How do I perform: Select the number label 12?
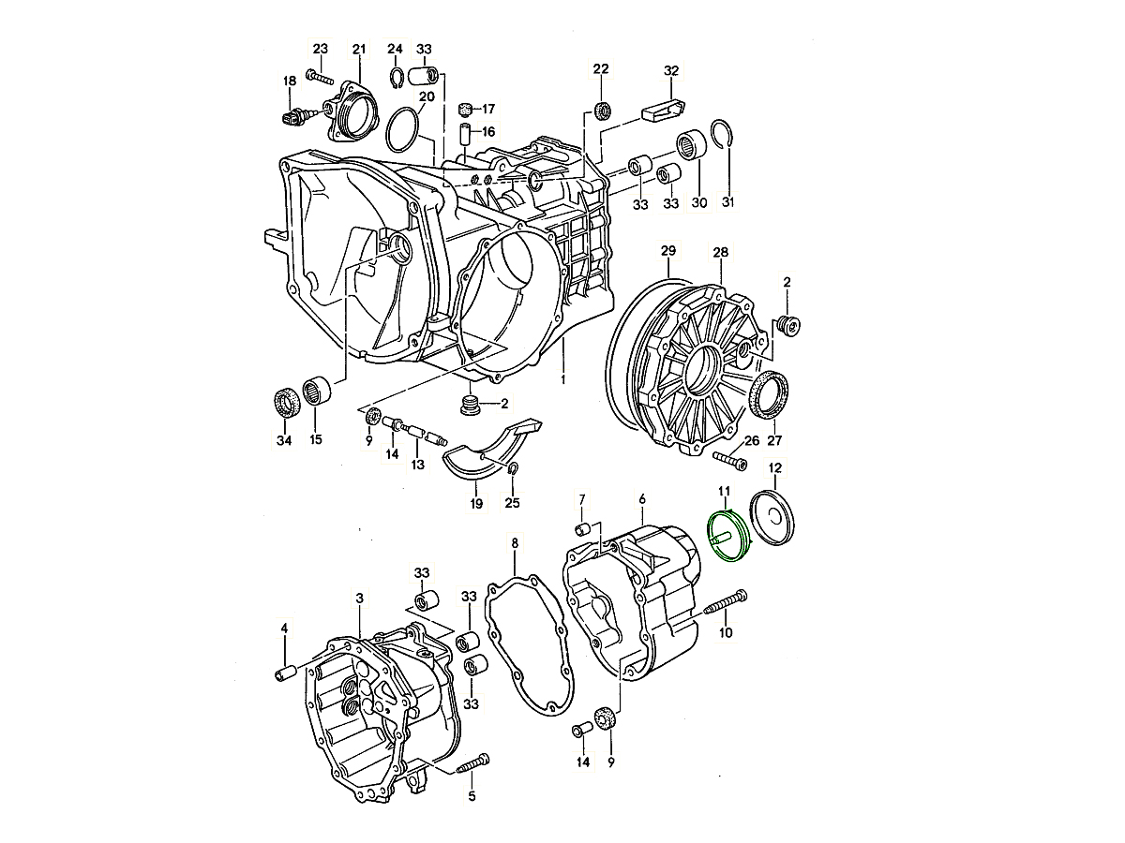click(774, 467)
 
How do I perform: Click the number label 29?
click(667, 251)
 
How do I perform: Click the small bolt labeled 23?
click(320, 78)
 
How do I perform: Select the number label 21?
click(359, 49)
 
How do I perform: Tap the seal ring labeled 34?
click(285, 403)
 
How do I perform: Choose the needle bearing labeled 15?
click(315, 392)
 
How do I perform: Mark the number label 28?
click(720, 252)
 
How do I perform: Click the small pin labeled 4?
click(285, 672)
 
